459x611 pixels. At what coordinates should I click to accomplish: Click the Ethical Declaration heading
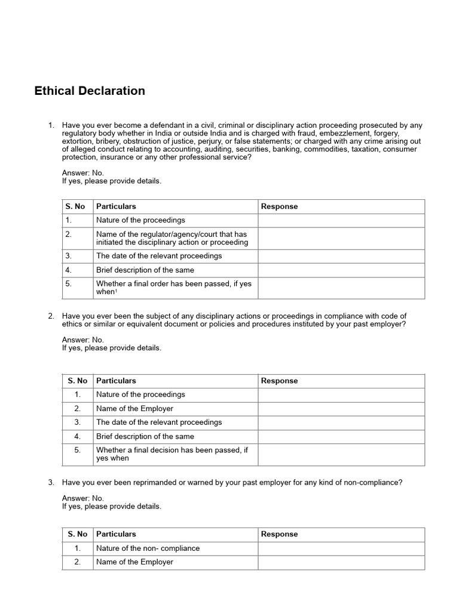[x=90, y=91]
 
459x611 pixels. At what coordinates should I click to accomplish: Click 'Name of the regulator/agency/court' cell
[x=172, y=238]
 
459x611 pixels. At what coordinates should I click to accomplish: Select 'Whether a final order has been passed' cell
[x=173, y=288]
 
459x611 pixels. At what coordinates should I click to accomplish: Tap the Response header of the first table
[x=279, y=206]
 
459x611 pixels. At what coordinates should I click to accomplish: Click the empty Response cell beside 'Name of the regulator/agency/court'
[x=341, y=238]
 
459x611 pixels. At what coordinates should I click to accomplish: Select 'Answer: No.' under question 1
[x=82, y=173]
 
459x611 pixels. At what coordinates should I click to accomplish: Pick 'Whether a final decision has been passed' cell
[x=172, y=454]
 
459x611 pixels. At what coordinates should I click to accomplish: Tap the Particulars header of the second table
[x=116, y=381]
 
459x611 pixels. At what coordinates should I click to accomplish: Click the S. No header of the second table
[x=78, y=381]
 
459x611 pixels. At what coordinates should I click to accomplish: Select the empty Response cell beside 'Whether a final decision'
[x=341, y=454]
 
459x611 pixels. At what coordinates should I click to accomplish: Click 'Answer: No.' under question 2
[x=82, y=340]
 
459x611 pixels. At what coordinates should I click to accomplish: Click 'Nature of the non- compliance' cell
[x=148, y=548]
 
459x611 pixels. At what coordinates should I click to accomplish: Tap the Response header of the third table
[x=279, y=534]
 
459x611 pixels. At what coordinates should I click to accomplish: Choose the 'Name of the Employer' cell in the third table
[x=134, y=562]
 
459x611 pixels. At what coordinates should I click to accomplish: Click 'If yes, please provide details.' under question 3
[x=111, y=506]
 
